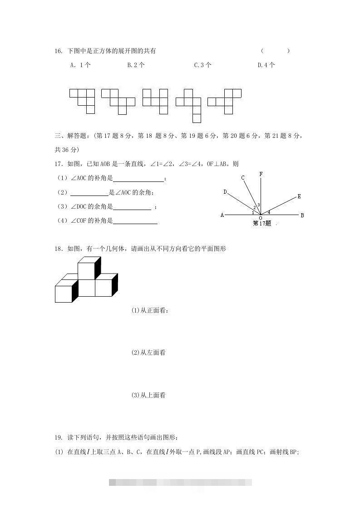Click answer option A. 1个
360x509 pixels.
[80, 65]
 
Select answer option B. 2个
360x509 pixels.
[136, 65]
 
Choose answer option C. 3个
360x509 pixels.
[202, 65]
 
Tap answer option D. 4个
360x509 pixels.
[266, 65]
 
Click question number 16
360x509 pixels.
[58, 51]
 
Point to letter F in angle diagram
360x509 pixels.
[261, 174]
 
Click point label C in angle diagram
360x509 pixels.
[243, 178]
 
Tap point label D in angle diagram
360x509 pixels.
[225, 192]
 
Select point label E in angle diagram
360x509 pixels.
[299, 196]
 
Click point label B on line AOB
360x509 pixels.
[302, 215]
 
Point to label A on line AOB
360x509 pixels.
[222, 215]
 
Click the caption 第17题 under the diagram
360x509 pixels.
[261, 223]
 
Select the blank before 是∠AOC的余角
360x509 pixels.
[89, 193]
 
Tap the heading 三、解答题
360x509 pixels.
[72, 135]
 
